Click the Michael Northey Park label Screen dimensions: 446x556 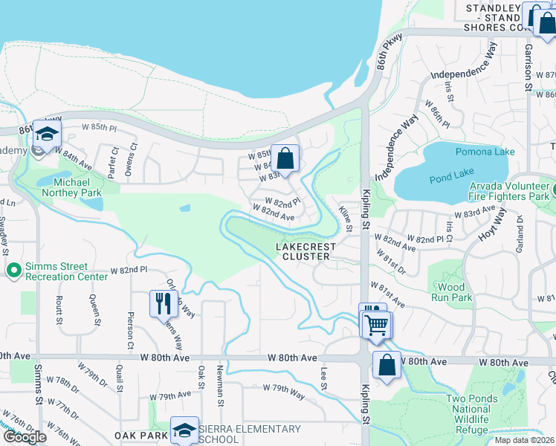tap(72, 187)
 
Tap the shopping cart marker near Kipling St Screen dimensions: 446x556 tap(377, 324)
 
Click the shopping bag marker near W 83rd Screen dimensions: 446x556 tap(285, 158)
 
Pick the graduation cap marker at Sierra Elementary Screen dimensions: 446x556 tap(184, 430)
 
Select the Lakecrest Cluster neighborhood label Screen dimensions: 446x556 tap(306, 251)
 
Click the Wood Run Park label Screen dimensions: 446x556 tap(451, 292)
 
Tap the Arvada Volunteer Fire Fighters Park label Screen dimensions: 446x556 tap(508, 192)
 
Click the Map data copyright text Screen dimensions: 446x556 tap(524, 440)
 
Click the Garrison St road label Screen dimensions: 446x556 tap(528, 68)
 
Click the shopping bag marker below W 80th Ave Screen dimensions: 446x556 tap(387, 366)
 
